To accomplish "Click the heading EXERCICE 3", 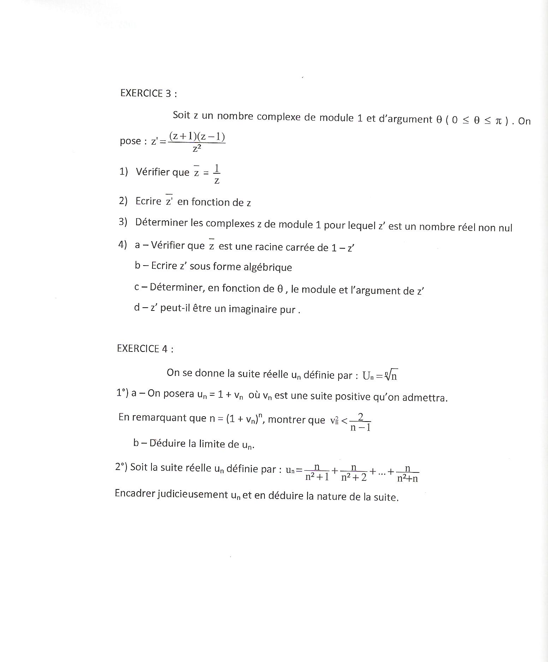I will [x=148, y=93].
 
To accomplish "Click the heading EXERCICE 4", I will [x=145, y=349].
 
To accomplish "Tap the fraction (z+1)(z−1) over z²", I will [x=197, y=142].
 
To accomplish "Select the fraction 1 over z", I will [x=217, y=175].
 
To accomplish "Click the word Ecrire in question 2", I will [x=148, y=201].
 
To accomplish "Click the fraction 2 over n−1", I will [x=361, y=422].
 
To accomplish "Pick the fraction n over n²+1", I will [x=317, y=472].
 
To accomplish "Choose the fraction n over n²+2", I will [x=354, y=473].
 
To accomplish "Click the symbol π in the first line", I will [x=498, y=121].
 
